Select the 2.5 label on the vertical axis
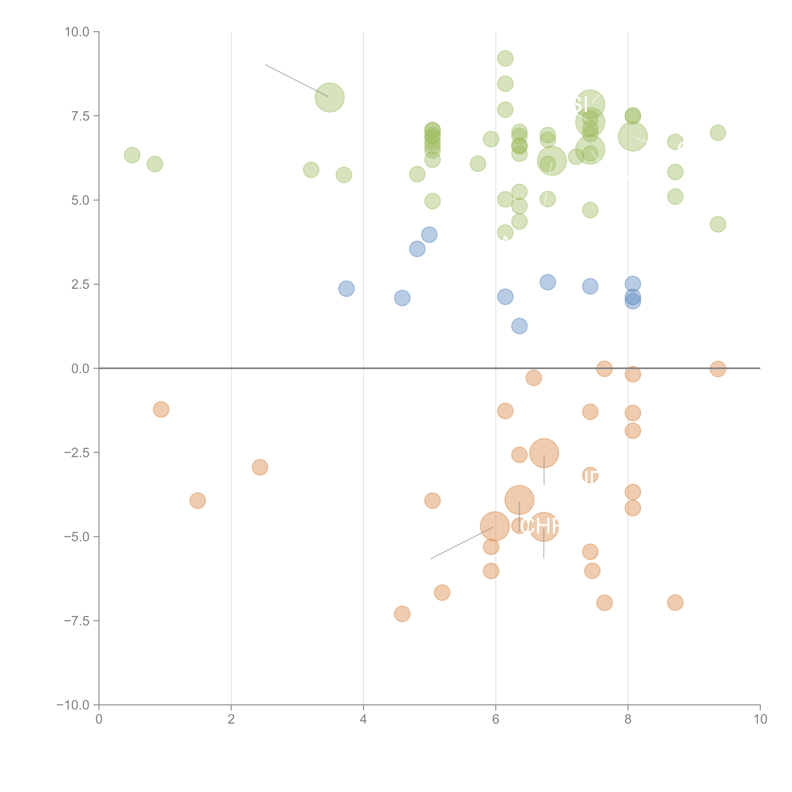[80, 284]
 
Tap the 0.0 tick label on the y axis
[80, 369]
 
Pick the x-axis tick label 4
[363, 719]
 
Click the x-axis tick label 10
[760, 719]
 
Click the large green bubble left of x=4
[330, 98]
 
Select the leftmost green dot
[132, 155]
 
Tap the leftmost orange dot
[161, 409]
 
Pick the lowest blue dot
[519, 326]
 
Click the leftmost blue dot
[346, 289]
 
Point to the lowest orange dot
[402, 614]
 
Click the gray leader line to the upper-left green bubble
[296, 80]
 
